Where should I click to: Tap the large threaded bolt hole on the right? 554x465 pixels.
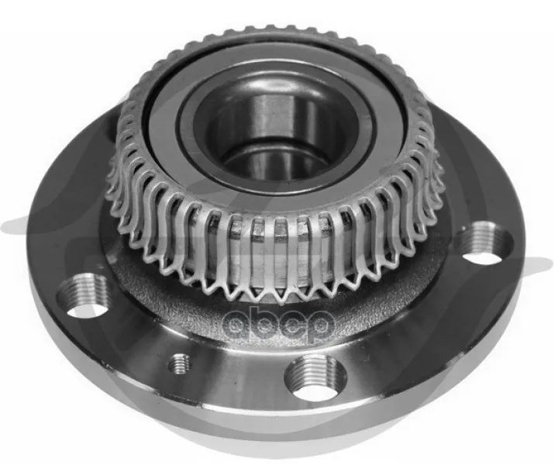coord(483,243)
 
